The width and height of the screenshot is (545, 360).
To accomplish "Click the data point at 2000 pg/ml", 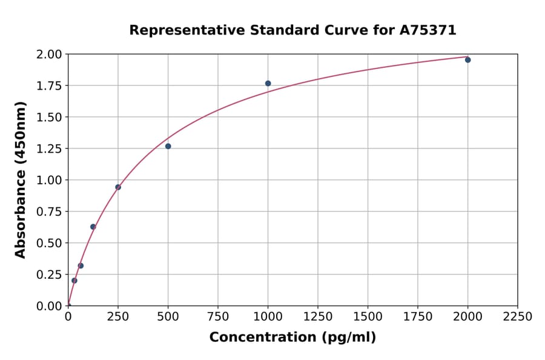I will coord(467,60).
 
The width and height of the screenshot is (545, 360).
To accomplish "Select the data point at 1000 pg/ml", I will coord(268,84).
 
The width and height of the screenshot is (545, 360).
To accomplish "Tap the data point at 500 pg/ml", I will coord(168,146).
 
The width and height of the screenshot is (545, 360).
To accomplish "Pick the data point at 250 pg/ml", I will coord(118,187).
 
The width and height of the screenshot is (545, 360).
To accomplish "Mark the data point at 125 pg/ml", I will coord(93,227).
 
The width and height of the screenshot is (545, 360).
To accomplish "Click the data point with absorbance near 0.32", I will coord(81,265).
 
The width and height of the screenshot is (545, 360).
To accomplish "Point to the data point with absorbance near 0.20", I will coord(74,281).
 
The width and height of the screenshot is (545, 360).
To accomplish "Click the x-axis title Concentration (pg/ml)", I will coord(292,338).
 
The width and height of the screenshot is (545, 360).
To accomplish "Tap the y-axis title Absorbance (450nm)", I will coord(21,180).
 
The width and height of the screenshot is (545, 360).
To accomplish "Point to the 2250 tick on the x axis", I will coord(518,317).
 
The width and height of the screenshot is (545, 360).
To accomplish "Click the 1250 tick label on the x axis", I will coord(318,317).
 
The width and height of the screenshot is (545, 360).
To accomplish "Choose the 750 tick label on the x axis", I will coord(218,317).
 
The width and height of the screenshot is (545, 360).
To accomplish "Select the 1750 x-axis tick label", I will coord(418,317).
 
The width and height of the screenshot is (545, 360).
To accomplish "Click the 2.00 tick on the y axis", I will coord(48,55).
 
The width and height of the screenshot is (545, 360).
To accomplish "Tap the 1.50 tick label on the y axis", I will coord(48,118).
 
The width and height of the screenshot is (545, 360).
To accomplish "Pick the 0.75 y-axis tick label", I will coord(48,212).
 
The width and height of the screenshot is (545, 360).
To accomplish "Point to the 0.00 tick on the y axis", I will coord(48,306).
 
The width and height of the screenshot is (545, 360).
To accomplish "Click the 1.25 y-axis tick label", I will coord(48,149).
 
